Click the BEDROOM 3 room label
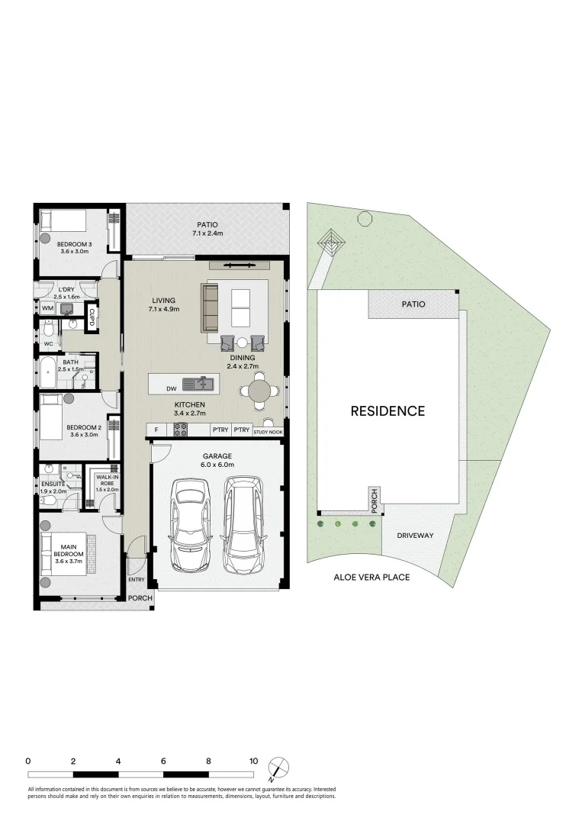(73, 244)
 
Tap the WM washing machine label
(47, 308)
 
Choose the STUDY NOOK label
(268, 432)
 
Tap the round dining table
(259, 391)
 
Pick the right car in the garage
(243, 525)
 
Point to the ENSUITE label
(53, 484)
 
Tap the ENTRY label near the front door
(136, 580)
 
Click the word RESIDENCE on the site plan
(387, 411)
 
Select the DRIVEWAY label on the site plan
(415, 536)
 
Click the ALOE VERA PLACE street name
(371, 577)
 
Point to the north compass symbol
(280, 767)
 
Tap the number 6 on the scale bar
(163, 761)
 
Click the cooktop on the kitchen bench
(182, 430)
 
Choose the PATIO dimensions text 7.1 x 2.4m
(207, 233)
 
